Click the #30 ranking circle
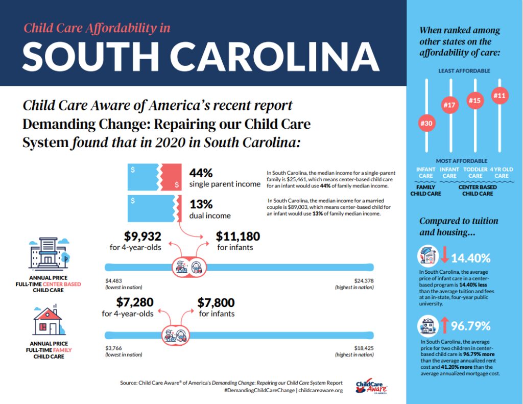coord(426,123)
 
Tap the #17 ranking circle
coord(449,105)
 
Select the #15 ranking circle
coord(474,100)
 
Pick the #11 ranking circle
coord(500,96)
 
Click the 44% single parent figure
coord(201,173)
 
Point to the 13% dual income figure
coord(201,204)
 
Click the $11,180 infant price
coord(238,236)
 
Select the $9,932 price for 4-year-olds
coord(143,236)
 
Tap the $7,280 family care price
coord(135,302)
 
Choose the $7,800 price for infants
coord(216,302)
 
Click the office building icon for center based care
coord(49,253)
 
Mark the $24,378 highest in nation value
coord(364,281)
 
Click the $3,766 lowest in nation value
coord(114,348)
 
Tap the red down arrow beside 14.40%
coord(444,254)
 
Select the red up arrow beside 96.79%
coord(444,325)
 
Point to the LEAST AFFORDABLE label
coord(464,70)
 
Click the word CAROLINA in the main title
coord(275,56)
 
